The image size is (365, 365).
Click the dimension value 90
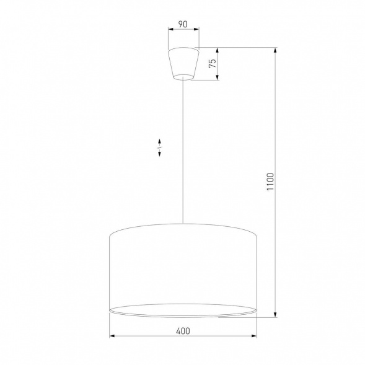183,24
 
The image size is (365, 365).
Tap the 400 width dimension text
183,332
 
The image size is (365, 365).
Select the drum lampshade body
183,266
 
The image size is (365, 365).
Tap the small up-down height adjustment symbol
159,147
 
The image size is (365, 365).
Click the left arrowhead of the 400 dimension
112,337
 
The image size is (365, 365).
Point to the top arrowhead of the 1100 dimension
275,50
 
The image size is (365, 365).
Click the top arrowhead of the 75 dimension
218,50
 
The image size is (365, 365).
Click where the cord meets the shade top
183,222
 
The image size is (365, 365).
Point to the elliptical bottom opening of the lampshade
183,310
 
